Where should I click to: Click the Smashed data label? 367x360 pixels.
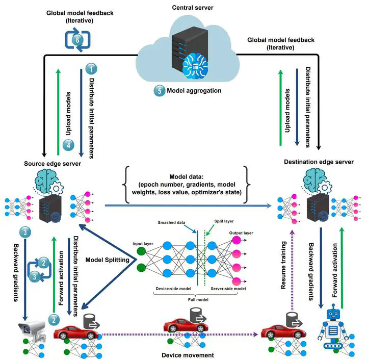pyautogui.click(x=174, y=223)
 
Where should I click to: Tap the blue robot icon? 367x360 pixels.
pyautogui.click(x=334, y=326)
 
